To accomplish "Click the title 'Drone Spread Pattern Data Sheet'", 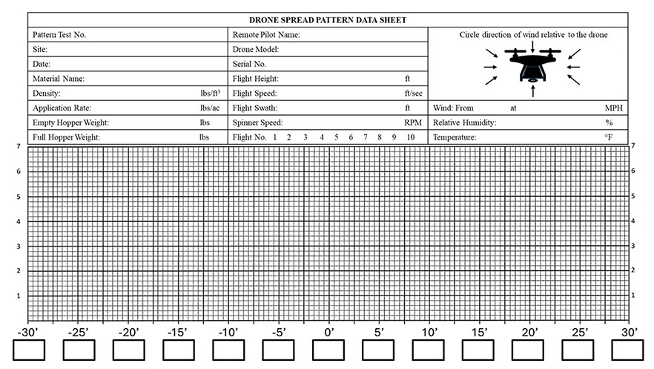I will tap(327, 20).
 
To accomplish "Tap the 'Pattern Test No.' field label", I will tap(64, 35).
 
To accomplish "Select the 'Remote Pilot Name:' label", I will tap(266, 35).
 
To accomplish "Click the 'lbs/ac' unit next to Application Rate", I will tap(210, 108).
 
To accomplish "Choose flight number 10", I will tap(410, 137).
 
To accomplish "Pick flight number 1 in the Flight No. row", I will tap(275, 137).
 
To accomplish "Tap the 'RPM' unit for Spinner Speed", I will tap(412, 123).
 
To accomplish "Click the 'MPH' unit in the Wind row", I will tap(613, 108).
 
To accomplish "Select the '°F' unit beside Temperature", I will tap(608, 137).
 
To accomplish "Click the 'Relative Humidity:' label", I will tap(465, 123).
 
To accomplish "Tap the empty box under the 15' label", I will tap(478, 350).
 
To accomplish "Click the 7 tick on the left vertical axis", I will tap(19, 146).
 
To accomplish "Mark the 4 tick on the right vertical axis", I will tap(632, 221).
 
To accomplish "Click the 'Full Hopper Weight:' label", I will tap(67, 137).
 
